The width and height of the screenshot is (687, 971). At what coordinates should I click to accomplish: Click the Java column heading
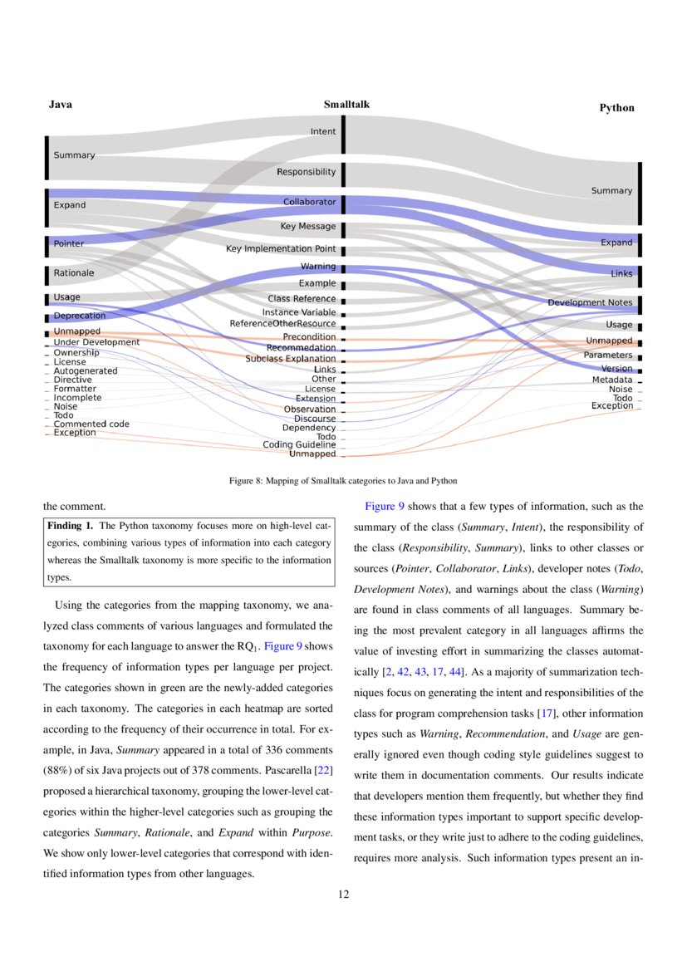coord(60,105)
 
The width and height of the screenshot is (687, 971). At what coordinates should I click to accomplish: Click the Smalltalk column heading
coord(346,105)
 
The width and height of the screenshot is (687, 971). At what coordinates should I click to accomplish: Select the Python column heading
coord(616,108)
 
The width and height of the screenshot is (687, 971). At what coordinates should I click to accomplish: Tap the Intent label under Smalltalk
coord(323,131)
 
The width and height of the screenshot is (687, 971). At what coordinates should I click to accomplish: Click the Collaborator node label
coord(309,202)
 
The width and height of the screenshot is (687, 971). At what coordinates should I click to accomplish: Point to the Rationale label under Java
coord(74,273)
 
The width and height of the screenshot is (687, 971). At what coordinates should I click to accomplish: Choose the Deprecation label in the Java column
coord(79,316)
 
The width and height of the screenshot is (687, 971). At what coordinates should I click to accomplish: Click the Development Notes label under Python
coord(589,302)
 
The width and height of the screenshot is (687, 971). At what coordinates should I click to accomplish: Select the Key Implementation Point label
coord(281,249)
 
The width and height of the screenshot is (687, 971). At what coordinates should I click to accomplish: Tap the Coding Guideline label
coord(299,445)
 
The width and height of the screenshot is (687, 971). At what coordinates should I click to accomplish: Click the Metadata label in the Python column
coord(611,380)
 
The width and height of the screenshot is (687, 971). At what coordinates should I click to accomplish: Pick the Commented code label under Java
coord(91,424)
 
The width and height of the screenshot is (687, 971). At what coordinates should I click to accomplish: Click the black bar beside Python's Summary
coord(640,194)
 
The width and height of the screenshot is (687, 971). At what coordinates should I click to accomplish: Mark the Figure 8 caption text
coord(343,481)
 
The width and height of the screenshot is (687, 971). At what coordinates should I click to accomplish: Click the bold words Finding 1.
coord(70,526)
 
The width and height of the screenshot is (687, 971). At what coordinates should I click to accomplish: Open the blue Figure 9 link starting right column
coord(385,506)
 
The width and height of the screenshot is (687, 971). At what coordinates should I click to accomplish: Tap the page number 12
coord(343,894)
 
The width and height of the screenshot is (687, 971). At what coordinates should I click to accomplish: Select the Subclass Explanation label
coord(290,359)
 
